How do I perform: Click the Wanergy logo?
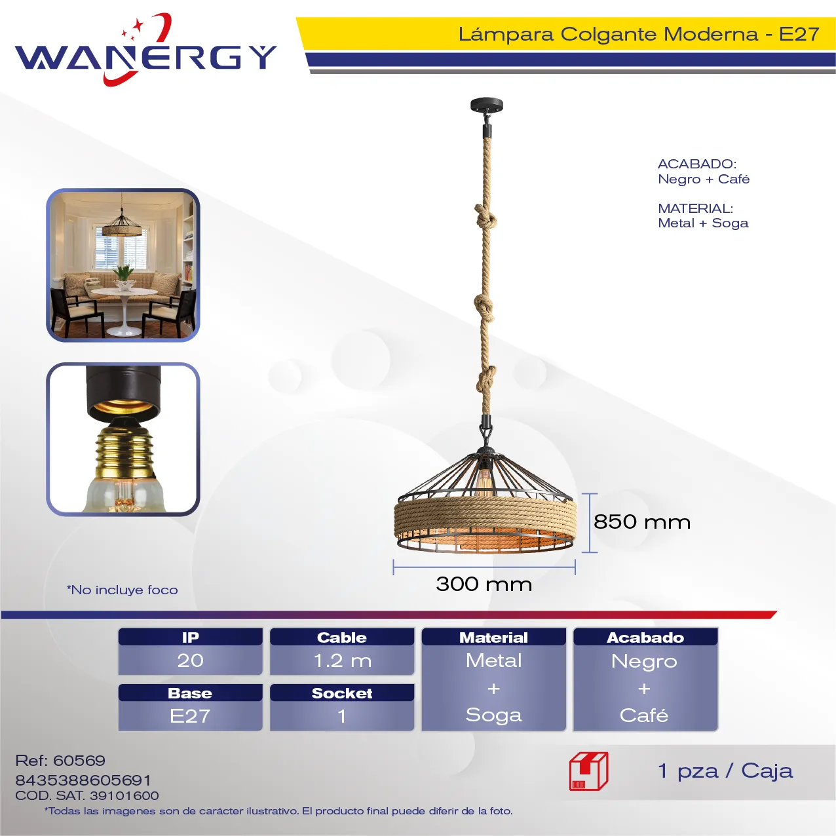click(145, 50)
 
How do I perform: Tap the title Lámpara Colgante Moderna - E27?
click(639, 34)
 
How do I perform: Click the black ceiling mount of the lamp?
click(487, 105)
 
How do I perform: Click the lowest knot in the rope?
click(486, 378)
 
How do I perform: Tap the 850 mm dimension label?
click(641, 522)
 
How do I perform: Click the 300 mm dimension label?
click(484, 584)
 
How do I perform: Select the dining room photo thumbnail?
click(123, 265)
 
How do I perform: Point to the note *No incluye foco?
click(123, 590)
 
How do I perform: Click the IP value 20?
click(190, 660)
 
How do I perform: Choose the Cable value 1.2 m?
click(342, 660)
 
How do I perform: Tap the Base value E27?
click(189, 716)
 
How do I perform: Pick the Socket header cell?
click(342, 693)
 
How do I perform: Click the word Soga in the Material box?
click(493, 715)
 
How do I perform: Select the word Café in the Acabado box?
click(644, 715)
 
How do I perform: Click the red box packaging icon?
click(589, 771)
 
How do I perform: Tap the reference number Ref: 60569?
click(60, 761)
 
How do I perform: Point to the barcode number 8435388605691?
click(83, 780)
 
